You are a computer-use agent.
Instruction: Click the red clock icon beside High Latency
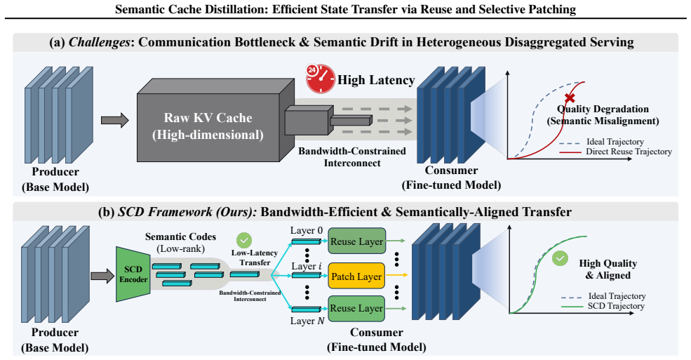321,79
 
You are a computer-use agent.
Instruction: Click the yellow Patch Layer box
356,276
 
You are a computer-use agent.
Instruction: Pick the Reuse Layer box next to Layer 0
356,241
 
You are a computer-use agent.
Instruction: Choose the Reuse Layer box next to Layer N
356,308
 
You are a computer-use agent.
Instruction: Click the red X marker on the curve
570,98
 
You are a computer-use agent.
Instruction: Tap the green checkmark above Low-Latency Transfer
244,241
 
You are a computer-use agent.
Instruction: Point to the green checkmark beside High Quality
560,258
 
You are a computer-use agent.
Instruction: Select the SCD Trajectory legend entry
603,306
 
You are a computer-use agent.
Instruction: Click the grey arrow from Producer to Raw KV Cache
114,120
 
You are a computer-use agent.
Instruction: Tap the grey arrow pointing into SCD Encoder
102,276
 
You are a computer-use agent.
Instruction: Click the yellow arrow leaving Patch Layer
396,275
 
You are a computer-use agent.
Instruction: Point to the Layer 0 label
307,230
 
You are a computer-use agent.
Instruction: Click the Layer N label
307,321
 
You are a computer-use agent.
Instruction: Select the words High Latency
376,80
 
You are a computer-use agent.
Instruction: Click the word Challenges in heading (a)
100,42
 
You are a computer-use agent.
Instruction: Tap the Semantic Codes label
181,236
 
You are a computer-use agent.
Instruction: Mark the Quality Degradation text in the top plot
603,109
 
